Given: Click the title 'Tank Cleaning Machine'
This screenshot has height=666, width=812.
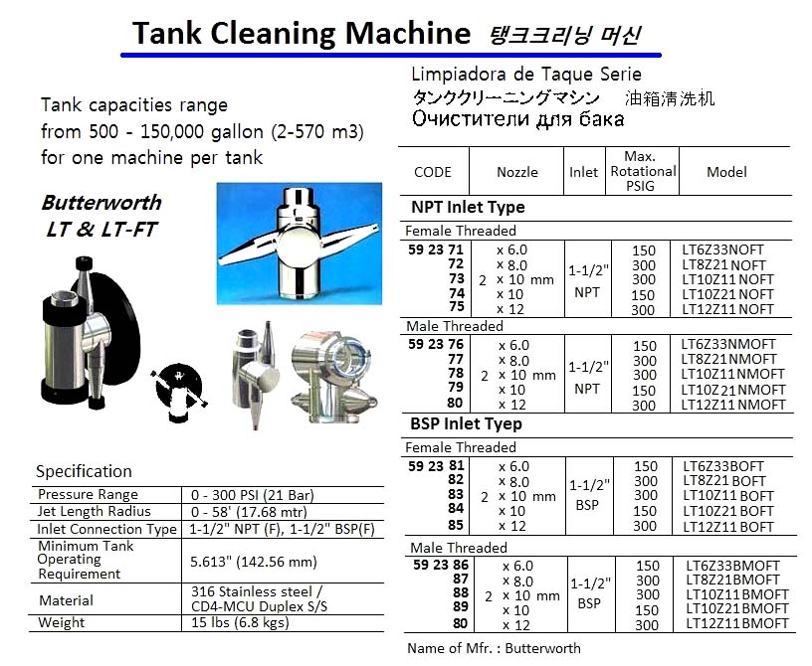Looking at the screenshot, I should pos(301,34).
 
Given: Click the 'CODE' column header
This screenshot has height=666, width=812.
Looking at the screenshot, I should pos(432,172).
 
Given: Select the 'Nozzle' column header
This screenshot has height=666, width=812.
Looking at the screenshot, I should pos(517,172).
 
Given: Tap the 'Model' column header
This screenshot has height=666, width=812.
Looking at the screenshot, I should pos(726,172).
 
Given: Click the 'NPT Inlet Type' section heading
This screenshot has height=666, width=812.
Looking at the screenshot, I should pos(468,208).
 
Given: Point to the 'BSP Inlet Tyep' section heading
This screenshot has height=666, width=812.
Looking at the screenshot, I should pos(467,424).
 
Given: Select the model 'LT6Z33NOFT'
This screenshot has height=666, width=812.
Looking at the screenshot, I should pos(727,250).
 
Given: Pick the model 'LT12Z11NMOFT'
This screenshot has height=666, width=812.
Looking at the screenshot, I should pos(735,405).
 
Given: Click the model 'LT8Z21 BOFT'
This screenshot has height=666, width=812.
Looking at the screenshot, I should pos(727,480).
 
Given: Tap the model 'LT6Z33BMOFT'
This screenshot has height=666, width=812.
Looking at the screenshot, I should pos(732,565).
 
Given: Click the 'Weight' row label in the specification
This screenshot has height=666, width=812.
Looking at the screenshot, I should pos(62,623).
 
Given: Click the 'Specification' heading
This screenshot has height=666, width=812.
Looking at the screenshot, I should pos(84,471).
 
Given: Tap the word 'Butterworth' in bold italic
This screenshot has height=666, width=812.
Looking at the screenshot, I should pos(101,203).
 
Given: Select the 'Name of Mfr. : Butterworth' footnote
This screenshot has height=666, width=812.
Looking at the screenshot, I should pos(494,648).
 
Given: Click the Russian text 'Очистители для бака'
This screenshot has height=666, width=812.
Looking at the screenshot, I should pos(517,119).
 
